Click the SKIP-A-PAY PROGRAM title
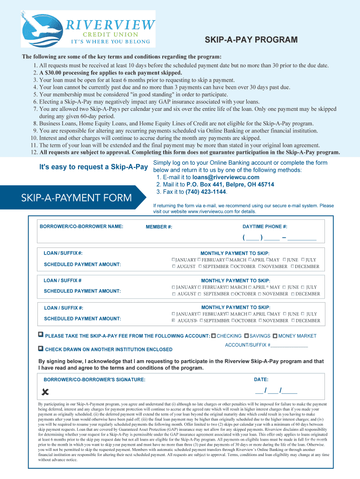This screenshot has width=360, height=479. tap(251, 40)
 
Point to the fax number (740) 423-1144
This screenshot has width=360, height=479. tap(206, 192)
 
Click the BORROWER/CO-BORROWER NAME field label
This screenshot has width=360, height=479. tap(81, 226)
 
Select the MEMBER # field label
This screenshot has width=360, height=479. tap(159, 227)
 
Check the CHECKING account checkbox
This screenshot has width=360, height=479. tap(214, 336)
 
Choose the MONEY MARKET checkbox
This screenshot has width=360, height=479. tap(275, 336)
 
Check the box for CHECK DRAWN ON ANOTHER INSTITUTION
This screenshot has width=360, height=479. tap(41, 349)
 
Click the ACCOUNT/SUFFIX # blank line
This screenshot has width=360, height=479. tap(289, 345)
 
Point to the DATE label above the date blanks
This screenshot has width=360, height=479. tap(261, 379)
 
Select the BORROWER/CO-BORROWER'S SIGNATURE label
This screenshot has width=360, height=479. tap(94, 379)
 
